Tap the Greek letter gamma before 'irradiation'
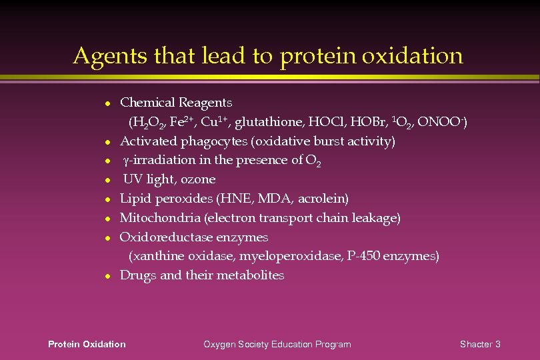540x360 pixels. tap(126, 161)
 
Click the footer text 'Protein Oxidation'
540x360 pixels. tap(87, 344)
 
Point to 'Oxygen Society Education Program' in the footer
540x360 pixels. tap(277, 344)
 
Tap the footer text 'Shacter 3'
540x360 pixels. tap(480, 344)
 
